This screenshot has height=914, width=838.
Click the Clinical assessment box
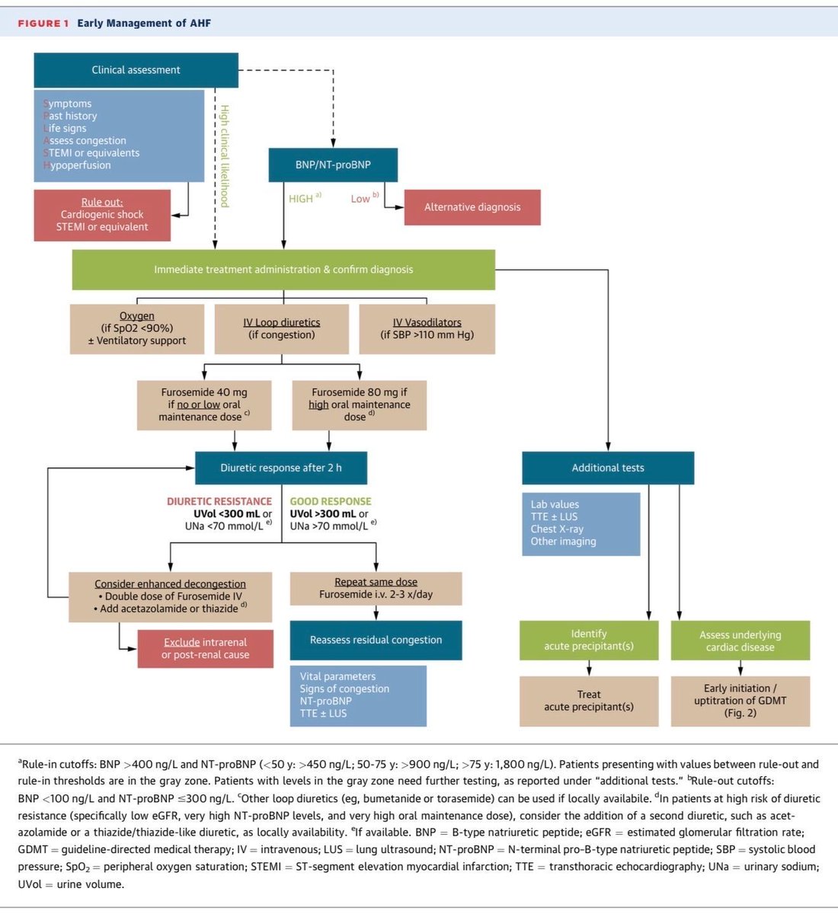tap(136, 70)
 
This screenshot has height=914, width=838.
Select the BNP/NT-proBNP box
tap(333, 165)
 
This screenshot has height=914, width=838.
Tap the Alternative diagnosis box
tap(472, 207)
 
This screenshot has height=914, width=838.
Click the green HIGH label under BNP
tap(301, 199)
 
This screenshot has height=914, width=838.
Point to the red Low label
tap(360, 199)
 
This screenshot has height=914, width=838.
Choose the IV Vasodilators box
tap(427, 329)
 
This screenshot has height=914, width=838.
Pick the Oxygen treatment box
tap(137, 329)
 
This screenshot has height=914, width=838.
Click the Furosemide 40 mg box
tap(204, 405)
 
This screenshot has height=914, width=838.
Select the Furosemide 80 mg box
tap(360, 405)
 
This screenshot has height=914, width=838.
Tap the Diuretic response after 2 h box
tap(281, 468)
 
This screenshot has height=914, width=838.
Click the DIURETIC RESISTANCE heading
tap(219, 501)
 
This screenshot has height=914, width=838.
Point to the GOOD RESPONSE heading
tap(331, 501)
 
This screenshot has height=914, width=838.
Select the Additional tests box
tap(608, 468)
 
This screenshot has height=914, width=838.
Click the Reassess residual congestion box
tap(376, 640)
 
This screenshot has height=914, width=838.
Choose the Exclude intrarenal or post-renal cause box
tap(205, 649)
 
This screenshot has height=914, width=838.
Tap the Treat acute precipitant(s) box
tap(589, 701)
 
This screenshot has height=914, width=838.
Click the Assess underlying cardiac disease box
tap(740, 640)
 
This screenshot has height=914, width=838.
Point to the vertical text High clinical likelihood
tap(224, 156)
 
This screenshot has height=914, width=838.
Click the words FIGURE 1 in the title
tap(43, 24)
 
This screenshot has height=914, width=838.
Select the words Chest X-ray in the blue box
tap(557, 529)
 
